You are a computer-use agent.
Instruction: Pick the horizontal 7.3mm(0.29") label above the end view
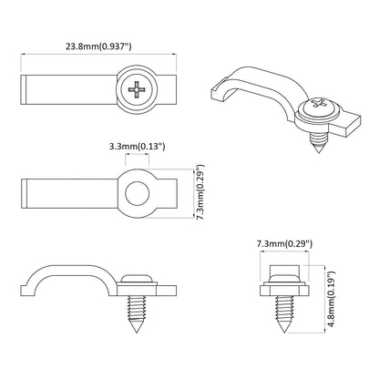tap(285, 244)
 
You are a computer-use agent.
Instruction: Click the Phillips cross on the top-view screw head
tap(137, 90)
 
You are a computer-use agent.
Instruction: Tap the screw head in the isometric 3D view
tap(321, 106)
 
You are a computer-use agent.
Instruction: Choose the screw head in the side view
tap(138, 277)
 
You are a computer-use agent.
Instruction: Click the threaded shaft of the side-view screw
tap(138, 314)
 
